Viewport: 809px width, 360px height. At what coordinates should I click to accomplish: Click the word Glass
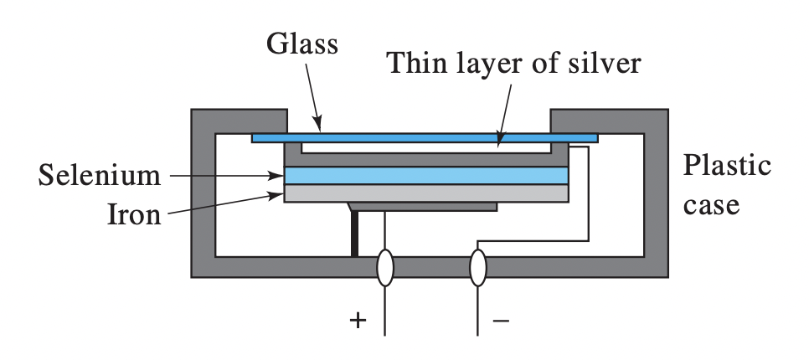(302, 43)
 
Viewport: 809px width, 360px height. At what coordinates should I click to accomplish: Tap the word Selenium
(100, 176)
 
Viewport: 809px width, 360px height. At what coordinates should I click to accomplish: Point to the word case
(711, 204)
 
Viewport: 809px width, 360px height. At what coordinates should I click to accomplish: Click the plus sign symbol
(358, 320)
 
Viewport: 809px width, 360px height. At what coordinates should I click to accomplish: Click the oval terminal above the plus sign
(384, 268)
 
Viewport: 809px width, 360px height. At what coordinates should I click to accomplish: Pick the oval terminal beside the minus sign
(477, 268)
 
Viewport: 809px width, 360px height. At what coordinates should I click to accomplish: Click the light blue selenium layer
(426, 176)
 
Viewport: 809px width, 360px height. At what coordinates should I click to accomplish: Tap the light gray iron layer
(426, 193)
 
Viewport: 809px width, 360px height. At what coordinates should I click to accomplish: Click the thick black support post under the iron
(356, 234)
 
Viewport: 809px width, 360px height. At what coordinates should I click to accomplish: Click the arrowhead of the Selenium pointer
(279, 176)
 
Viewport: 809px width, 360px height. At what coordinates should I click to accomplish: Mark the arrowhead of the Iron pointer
(279, 195)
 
